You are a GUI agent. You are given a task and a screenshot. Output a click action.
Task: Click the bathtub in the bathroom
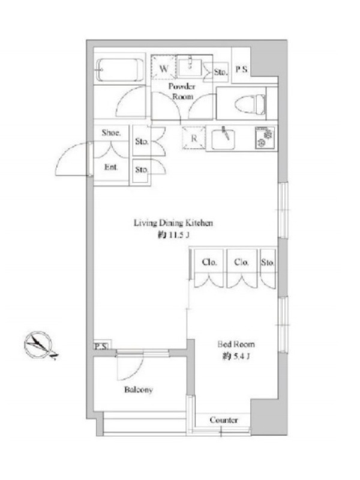[x=119, y=70]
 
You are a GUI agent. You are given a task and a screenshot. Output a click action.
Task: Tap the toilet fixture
[x=250, y=103]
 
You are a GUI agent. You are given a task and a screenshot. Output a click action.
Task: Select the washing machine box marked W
[x=164, y=68]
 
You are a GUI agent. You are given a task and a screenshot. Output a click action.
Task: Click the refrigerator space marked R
[x=194, y=138]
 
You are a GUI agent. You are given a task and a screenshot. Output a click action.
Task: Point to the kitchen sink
[x=223, y=139]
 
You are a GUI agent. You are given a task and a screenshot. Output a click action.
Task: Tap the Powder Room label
[x=182, y=91]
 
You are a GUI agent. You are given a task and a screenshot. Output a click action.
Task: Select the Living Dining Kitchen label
[x=173, y=223]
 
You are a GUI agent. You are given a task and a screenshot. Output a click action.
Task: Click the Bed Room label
[x=236, y=344]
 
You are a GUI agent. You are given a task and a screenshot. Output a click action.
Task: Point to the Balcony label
[x=139, y=389]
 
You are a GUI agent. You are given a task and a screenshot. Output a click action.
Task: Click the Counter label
[x=224, y=419]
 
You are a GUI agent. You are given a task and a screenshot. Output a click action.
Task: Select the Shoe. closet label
[x=111, y=133]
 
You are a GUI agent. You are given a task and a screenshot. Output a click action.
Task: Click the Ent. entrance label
[x=111, y=167]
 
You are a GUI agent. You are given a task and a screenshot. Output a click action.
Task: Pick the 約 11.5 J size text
[x=173, y=235]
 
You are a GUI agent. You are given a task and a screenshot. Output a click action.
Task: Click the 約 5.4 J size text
[x=236, y=356]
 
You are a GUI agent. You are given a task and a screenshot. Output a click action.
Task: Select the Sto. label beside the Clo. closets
[x=268, y=262]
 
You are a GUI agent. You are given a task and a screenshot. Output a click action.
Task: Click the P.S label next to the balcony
[x=101, y=346]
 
